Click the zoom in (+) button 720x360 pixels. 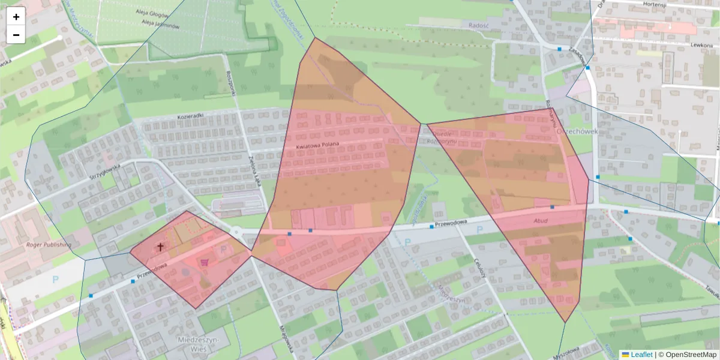(16, 17)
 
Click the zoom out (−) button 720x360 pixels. (16, 35)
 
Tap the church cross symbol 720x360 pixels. (160, 247)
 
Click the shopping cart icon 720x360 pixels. (205, 262)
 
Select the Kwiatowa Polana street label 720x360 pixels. (317, 144)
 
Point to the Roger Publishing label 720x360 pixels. (49, 245)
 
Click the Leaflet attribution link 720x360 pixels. (637, 355)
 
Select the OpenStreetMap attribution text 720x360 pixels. (687, 355)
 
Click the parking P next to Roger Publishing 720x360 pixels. (56, 279)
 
